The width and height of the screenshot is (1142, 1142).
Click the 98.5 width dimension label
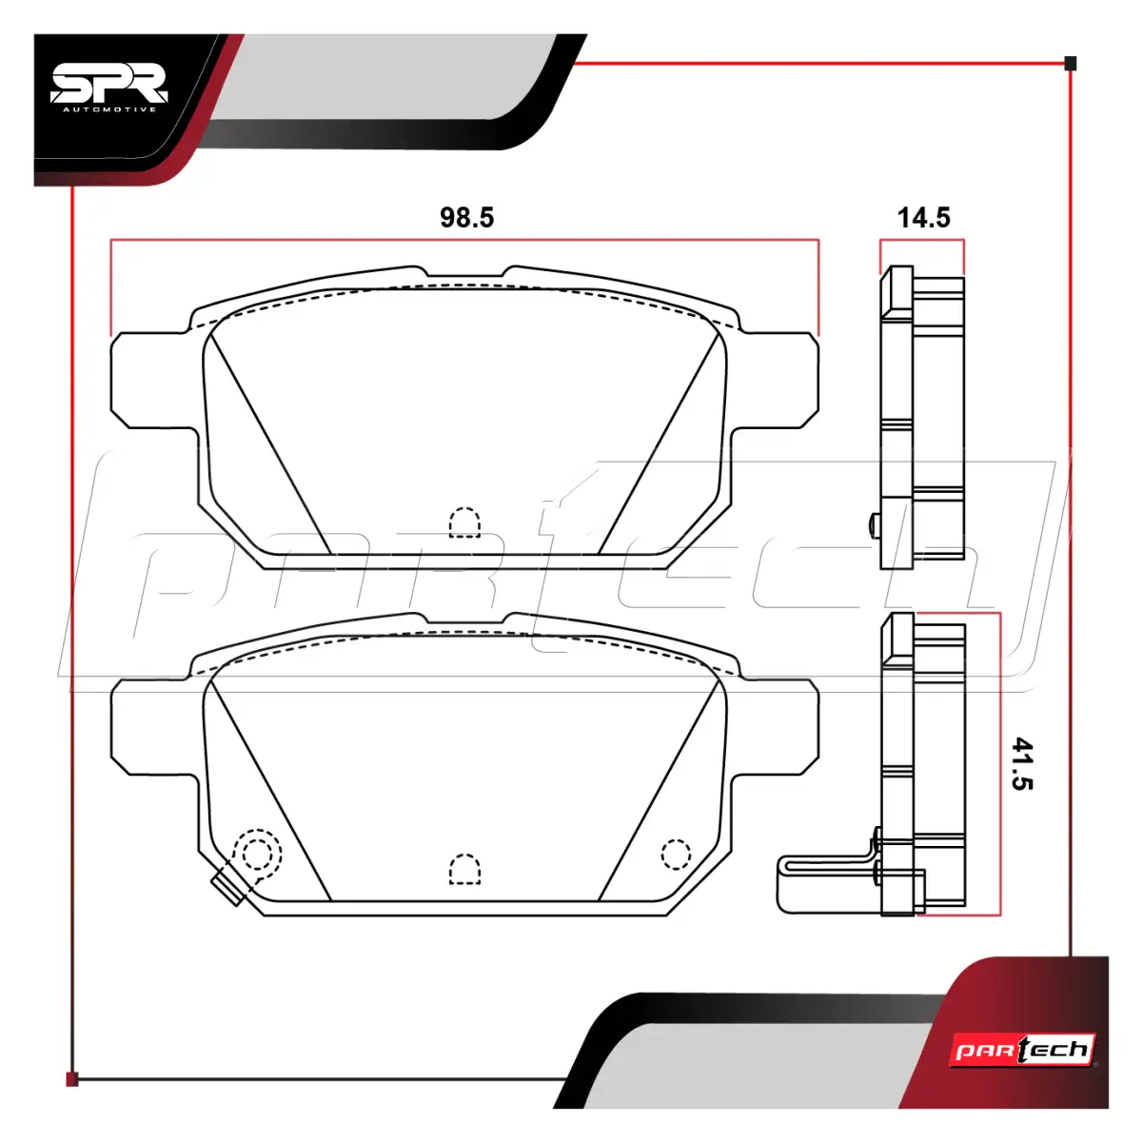click(x=466, y=218)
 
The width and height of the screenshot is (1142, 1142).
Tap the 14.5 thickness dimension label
click(x=923, y=218)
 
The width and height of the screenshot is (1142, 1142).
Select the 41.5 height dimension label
click(x=1022, y=763)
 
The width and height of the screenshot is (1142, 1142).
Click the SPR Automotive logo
click(x=109, y=88)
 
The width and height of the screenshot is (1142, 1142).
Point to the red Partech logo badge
click(x=1023, y=1050)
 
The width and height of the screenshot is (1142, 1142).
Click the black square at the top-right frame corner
click(x=1071, y=64)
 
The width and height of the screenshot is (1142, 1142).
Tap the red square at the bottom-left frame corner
click(x=71, y=1079)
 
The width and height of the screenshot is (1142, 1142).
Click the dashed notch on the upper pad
click(x=464, y=522)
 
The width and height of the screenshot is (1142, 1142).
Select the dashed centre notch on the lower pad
click(x=464, y=870)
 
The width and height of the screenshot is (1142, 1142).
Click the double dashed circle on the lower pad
click(x=257, y=854)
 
